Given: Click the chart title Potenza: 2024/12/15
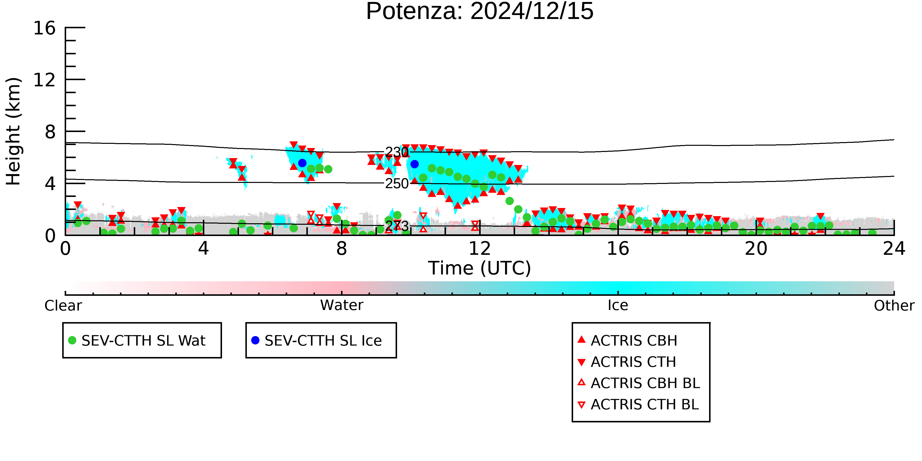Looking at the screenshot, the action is [480, 12].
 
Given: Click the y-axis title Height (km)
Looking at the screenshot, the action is [13, 131].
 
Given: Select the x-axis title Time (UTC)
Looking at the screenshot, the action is [480, 268].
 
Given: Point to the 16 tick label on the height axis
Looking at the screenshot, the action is [45, 28].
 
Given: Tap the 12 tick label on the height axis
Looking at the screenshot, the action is [45, 80].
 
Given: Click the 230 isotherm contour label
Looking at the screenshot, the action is [397, 152].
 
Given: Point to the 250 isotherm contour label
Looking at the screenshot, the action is [397, 184].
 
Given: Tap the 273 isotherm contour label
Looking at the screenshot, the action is [397, 226].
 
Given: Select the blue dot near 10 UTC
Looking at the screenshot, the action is [415, 164].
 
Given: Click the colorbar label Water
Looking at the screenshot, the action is [342, 305].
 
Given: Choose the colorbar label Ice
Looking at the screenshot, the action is [618, 305].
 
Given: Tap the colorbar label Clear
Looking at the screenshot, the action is [63, 306].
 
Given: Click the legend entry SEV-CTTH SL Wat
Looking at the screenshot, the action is [137, 340].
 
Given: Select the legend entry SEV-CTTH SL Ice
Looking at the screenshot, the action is [317, 340].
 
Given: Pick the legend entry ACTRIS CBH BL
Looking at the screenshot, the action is [639, 383].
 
